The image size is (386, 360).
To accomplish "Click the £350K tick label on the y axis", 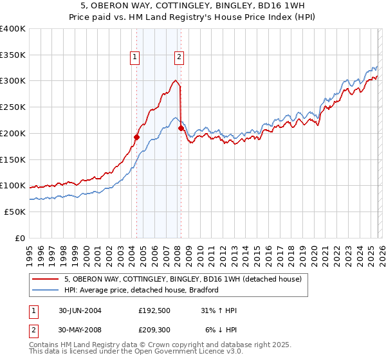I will (x=13, y=55).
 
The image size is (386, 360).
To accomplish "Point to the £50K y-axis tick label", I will (x=15, y=212).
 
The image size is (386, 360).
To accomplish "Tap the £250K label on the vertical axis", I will (x=13, y=107).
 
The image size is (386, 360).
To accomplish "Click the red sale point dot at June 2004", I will (x=136, y=137).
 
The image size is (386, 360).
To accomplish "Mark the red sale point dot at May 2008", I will (x=181, y=128).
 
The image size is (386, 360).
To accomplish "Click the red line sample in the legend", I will (x=46, y=280).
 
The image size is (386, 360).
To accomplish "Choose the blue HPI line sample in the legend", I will (x=46, y=290).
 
